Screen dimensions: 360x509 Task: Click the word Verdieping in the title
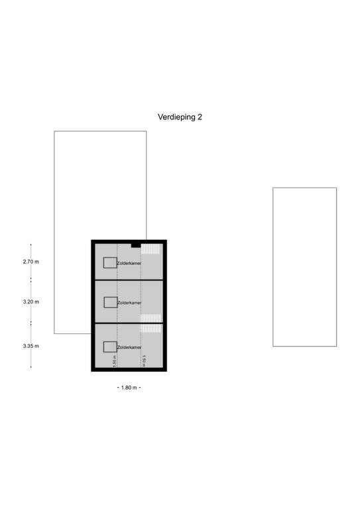click(176, 117)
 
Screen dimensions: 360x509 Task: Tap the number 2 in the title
click(200, 117)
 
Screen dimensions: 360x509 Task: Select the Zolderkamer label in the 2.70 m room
click(129, 263)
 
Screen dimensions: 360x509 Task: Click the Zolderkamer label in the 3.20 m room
click(129, 302)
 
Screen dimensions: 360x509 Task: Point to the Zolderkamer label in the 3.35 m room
click(129, 347)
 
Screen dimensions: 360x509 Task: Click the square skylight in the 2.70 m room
click(110, 262)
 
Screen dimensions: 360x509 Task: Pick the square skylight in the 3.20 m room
click(111, 302)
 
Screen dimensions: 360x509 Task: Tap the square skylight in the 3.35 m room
click(110, 347)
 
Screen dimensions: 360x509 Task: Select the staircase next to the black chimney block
click(150, 249)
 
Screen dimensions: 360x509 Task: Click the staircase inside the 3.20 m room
click(151, 318)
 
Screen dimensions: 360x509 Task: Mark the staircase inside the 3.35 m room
click(151, 328)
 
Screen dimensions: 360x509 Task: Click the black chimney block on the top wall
click(136, 245)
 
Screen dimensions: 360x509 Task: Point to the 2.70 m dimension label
click(31, 262)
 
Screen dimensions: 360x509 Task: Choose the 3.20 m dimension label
click(31, 302)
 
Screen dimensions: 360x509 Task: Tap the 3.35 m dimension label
click(31, 346)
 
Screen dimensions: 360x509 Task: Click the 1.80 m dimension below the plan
click(129, 388)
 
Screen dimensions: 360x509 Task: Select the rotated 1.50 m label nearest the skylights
click(114, 361)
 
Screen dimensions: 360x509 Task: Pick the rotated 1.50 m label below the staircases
click(143, 361)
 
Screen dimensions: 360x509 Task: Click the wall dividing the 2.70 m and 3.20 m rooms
click(129, 280)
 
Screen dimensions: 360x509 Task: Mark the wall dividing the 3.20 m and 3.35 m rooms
click(129, 323)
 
